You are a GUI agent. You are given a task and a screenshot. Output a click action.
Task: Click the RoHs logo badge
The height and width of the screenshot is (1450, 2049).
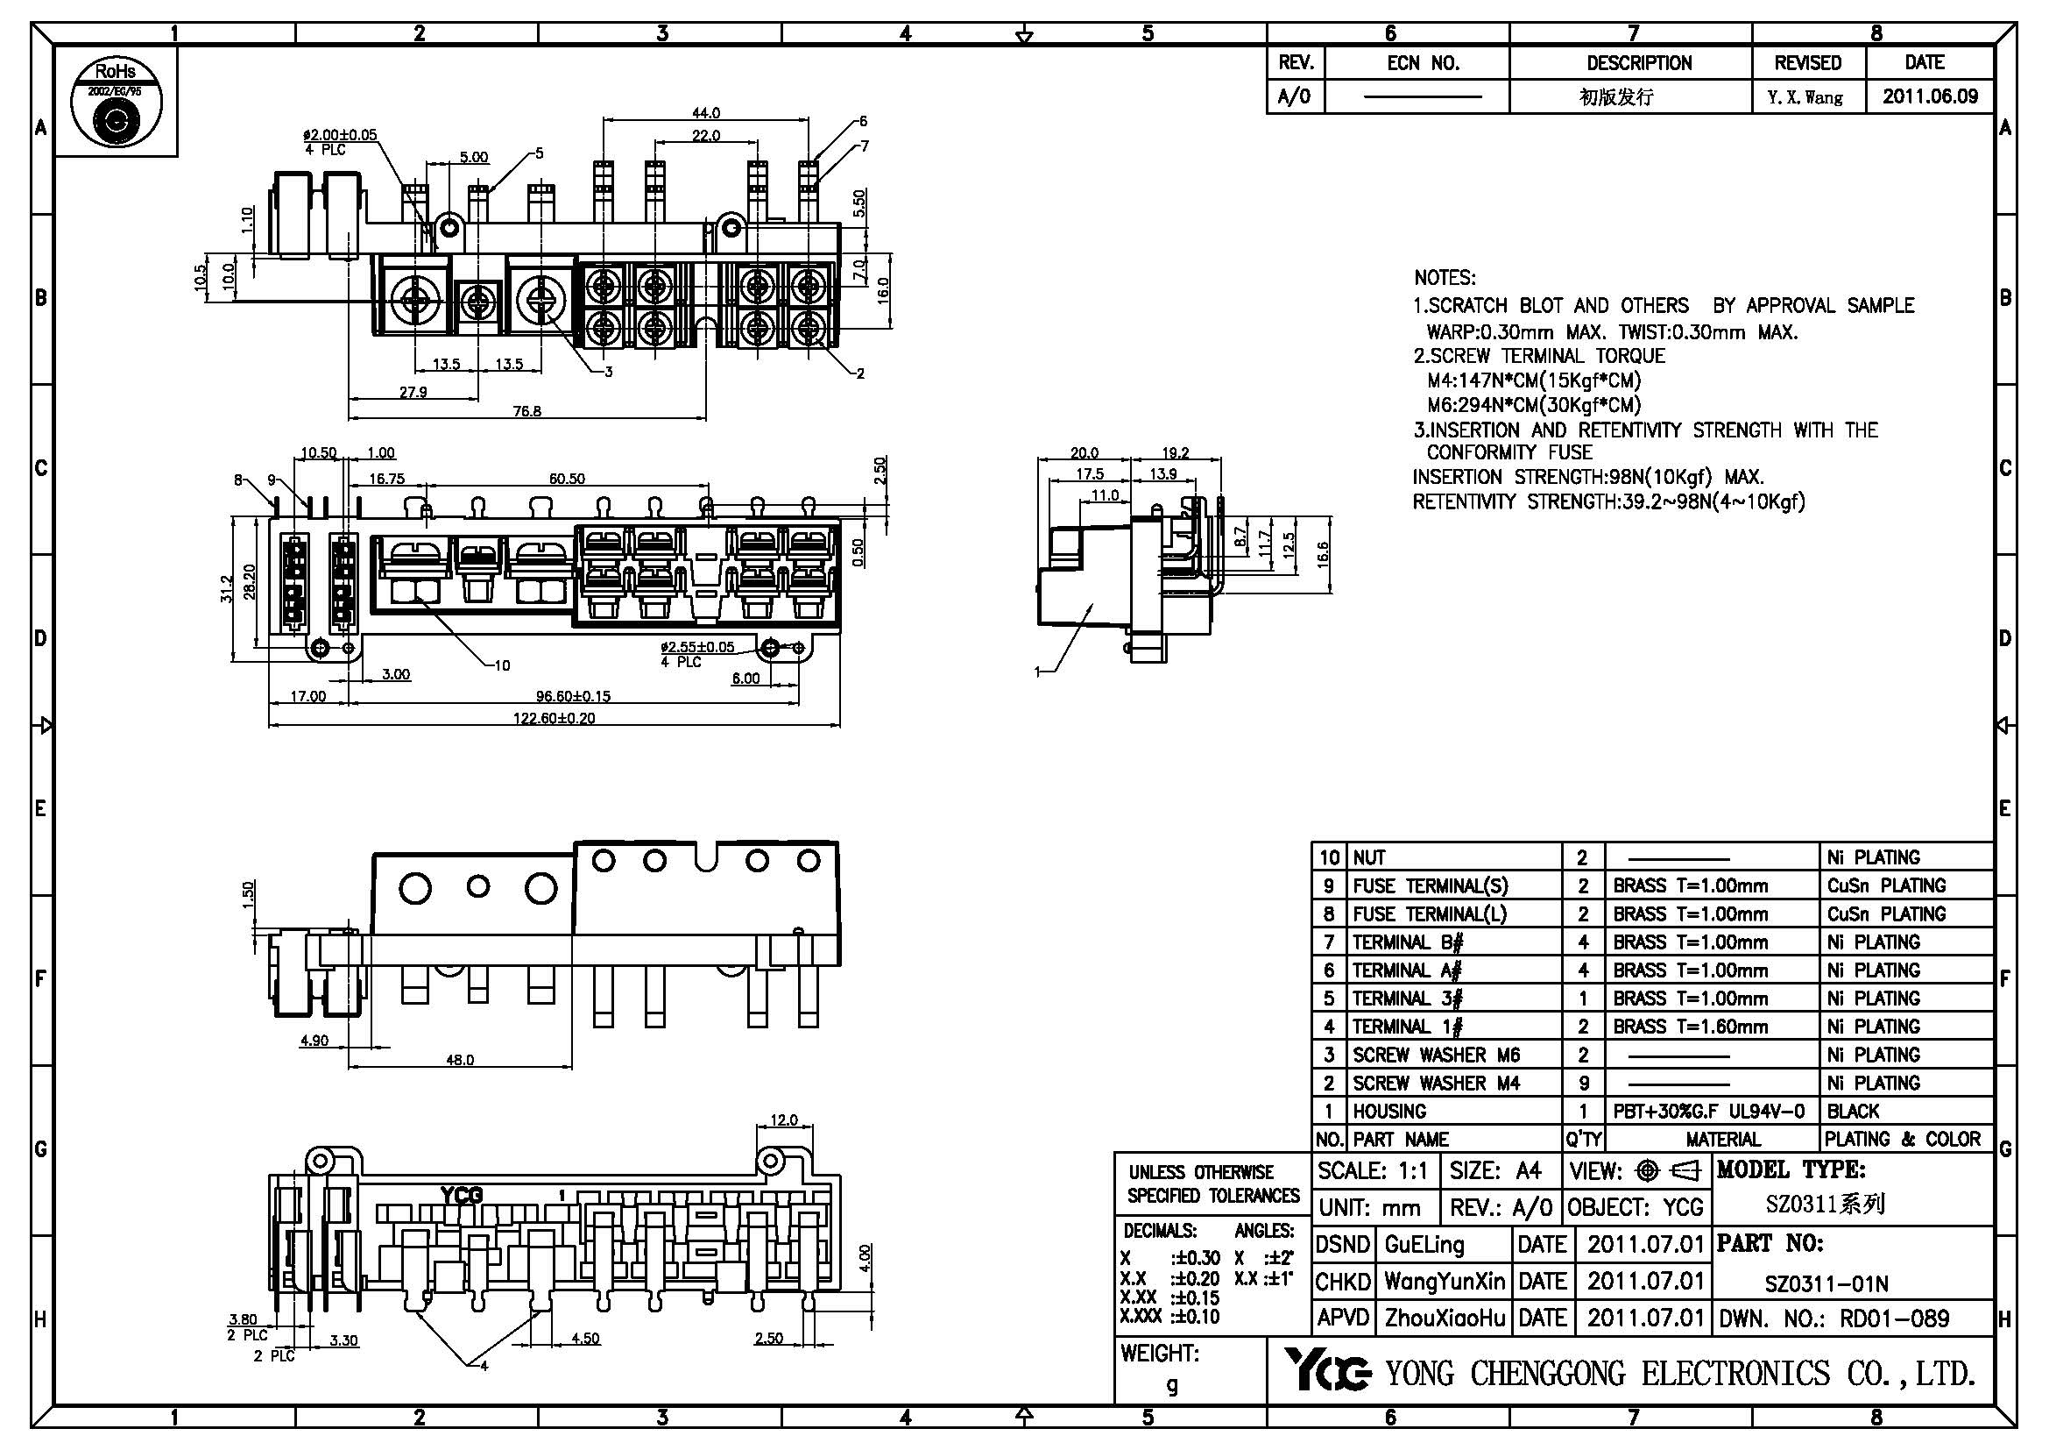click(116, 102)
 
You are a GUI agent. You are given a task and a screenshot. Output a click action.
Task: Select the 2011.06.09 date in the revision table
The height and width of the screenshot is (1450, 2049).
click(1929, 96)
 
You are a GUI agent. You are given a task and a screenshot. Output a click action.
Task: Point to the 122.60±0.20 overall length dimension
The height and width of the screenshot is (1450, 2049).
click(554, 718)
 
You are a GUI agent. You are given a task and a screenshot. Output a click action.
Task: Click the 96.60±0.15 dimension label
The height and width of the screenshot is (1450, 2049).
click(573, 696)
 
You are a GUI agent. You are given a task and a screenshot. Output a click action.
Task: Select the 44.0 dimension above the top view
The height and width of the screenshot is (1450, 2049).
click(706, 113)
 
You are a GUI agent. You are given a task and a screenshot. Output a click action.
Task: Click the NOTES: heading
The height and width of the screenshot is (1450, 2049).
click(1445, 278)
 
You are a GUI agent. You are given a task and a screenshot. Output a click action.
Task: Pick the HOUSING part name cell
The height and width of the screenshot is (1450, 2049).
click(1389, 1112)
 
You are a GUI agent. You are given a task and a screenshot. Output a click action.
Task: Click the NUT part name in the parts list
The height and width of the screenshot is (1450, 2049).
click(1369, 858)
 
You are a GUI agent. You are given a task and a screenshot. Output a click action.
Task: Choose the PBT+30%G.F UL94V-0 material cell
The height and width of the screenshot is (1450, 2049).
click(1708, 1112)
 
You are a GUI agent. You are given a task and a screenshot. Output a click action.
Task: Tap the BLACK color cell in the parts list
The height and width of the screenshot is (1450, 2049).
click(1853, 1112)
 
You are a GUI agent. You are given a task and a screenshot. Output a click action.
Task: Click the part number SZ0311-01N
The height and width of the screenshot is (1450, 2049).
click(1826, 1284)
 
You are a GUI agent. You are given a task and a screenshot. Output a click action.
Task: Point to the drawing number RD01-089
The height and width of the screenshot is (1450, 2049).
click(1894, 1319)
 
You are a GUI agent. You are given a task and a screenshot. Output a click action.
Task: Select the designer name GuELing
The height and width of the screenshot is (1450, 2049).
click(1424, 1245)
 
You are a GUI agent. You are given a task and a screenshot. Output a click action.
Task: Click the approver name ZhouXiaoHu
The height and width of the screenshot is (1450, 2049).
click(1444, 1319)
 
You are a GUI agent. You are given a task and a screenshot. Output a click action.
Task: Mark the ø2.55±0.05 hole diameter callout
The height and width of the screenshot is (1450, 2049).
click(697, 646)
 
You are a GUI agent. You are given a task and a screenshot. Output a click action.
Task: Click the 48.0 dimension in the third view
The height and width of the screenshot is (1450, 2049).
click(460, 1061)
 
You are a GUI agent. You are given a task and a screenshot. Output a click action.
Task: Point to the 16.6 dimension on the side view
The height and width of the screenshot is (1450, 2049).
click(1323, 553)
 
